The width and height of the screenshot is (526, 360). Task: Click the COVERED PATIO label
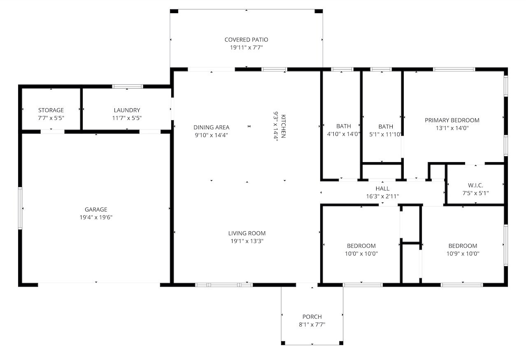click(246, 39)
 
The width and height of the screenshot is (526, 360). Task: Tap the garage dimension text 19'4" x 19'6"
click(96, 217)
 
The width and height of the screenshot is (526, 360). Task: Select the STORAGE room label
click(51, 110)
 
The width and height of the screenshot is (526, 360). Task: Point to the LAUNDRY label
click(127, 110)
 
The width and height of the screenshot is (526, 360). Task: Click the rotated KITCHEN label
click(283, 126)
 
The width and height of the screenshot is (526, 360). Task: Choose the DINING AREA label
click(211, 127)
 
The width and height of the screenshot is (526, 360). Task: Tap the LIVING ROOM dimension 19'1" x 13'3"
click(247, 241)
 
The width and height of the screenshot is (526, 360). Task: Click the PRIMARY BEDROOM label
click(452, 120)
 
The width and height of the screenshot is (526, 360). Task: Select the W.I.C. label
click(475, 186)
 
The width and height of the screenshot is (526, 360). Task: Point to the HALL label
click(382, 188)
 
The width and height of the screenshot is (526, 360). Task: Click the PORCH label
click(312, 316)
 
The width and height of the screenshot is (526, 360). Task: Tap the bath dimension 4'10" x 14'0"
click(344, 134)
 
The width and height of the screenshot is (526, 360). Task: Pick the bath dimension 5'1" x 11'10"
click(385, 135)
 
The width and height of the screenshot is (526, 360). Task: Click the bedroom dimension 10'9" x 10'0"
click(463, 253)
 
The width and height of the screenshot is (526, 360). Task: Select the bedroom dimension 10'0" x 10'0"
click(361, 253)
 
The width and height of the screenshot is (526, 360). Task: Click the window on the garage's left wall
click(20, 208)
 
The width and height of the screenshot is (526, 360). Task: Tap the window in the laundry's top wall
click(128, 86)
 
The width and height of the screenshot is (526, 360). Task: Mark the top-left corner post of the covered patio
click(174, 11)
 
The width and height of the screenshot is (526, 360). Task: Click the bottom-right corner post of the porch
click(341, 343)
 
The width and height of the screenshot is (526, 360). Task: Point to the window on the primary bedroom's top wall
click(454, 70)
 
